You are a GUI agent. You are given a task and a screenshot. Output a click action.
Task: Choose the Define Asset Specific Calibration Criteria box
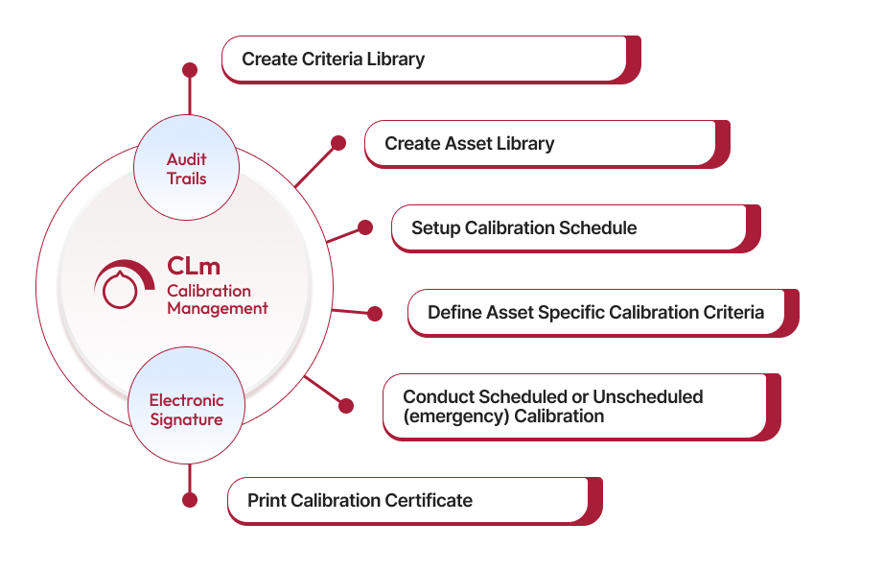(x=595, y=312)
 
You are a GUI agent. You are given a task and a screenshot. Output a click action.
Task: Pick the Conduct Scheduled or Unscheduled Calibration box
(x=574, y=406)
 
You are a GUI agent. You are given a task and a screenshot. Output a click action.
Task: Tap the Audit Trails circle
(x=186, y=169)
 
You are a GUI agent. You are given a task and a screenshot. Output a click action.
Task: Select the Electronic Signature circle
(x=186, y=410)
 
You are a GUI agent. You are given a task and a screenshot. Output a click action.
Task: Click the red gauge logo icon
(x=123, y=285)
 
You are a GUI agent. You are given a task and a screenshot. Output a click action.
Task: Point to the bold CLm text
(x=194, y=266)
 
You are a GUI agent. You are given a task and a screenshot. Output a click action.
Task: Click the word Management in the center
(x=218, y=309)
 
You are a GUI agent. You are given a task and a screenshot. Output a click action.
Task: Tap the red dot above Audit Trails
(x=190, y=70)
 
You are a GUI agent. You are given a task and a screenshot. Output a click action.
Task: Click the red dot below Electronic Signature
(x=190, y=500)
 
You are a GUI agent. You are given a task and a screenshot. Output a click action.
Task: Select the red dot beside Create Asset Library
(x=338, y=143)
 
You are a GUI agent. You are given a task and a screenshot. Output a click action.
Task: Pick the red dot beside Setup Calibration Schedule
(x=364, y=227)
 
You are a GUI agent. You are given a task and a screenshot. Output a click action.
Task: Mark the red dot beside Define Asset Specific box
(x=375, y=314)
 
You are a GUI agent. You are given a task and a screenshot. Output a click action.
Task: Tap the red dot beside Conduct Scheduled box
(x=346, y=406)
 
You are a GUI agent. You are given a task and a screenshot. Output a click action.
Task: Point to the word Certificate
(x=429, y=500)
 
